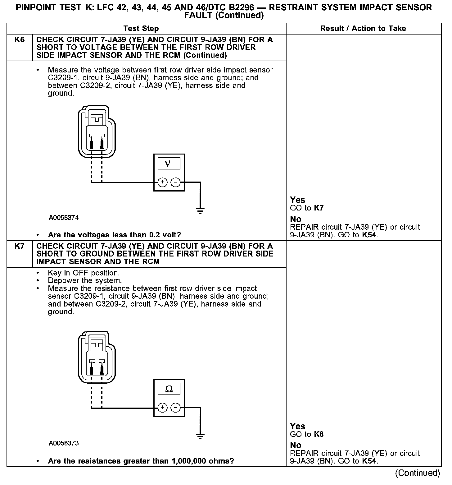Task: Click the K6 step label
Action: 19,40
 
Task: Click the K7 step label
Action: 19,246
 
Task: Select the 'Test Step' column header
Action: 141,29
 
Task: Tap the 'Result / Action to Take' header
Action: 363,29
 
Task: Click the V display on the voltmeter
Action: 169,163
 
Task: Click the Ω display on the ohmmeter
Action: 169,389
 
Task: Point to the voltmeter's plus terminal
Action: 162,182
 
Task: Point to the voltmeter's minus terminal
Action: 176,182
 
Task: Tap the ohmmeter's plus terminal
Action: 162,408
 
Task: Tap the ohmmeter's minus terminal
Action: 176,408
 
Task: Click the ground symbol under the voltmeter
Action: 200,210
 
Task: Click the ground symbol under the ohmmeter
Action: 200,436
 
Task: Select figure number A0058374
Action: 64,218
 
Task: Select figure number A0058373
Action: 64,443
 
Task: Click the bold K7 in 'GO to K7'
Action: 319,208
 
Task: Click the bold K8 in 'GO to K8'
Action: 319,434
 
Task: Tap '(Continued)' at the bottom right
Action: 418,473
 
